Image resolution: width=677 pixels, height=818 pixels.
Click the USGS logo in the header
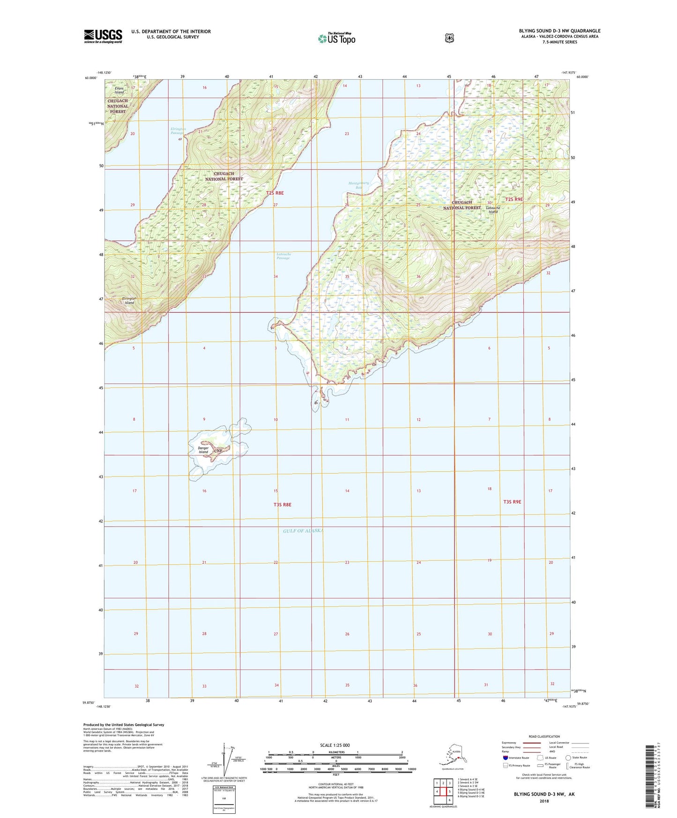click(x=103, y=36)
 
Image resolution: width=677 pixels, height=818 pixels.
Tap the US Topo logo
click(x=336, y=38)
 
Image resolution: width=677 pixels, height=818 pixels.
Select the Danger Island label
click(x=203, y=450)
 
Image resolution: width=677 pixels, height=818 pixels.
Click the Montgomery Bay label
click(x=359, y=185)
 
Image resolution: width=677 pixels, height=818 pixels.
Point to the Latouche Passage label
click(x=283, y=256)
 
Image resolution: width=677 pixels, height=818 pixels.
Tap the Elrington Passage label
click(x=178, y=131)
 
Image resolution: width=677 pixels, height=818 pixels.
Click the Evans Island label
click(x=119, y=90)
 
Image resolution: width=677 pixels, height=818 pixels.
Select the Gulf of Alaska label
click(x=303, y=531)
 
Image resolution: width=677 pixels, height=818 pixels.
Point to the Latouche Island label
click(x=493, y=209)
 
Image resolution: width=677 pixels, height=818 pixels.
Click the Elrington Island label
click(x=128, y=300)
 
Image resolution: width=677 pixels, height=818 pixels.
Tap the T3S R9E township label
click(x=512, y=502)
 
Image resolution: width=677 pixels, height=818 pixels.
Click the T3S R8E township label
click(x=283, y=505)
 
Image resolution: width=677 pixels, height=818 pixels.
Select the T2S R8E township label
click(x=275, y=193)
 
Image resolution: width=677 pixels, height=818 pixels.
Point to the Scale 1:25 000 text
click(x=335, y=745)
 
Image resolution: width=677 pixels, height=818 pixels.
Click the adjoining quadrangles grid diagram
click(x=443, y=790)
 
